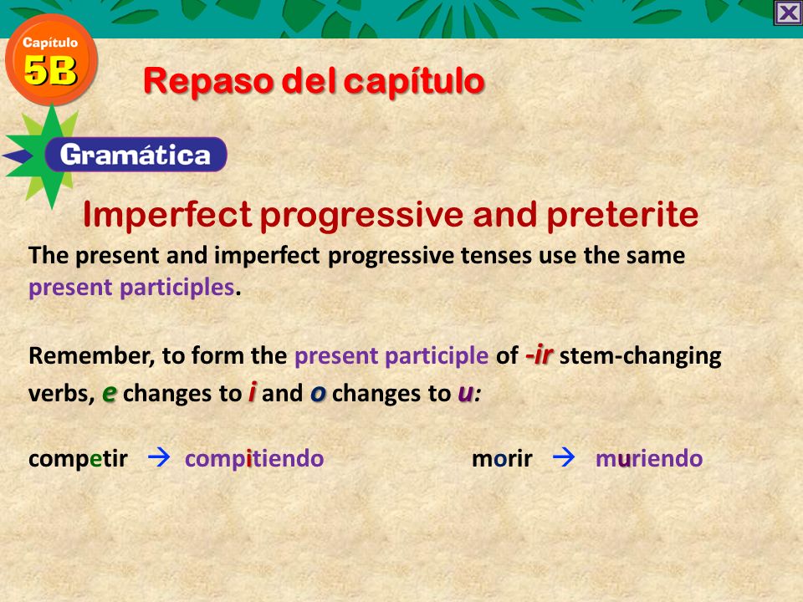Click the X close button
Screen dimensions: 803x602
[x=788, y=13]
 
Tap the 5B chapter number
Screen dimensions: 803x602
[x=50, y=70]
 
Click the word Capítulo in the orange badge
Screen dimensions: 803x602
[x=50, y=43]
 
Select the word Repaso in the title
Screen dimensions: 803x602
[x=208, y=81]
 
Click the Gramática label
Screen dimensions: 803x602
[x=136, y=155]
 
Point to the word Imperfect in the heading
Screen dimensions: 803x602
[x=167, y=214]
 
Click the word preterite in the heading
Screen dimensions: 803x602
[x=622, y=215]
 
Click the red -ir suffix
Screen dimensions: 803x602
[x=539, y=355]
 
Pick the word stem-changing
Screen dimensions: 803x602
[x=640, y=356]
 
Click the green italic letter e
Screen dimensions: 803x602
[x=109, y=393]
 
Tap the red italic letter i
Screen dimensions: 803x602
[x=252, y=392]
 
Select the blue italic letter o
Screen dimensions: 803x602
[x=318, y=393]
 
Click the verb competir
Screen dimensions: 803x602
[x=78, y=459]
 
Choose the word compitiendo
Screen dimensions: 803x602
[x=254, y=459]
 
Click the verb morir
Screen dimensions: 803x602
[x=502, y=459]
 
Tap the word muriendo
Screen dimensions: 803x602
[x=649, y=459]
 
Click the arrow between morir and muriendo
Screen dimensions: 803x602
[x=563, y=457]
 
